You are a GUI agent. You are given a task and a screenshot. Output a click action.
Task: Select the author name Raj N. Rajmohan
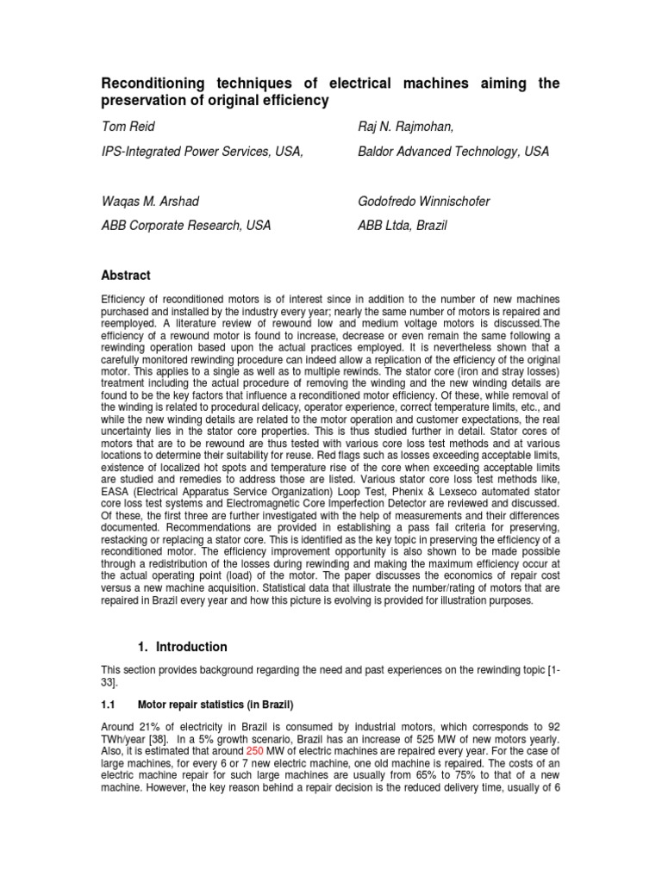click(x=405, y=127)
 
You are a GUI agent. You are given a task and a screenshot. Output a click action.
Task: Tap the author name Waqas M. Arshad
click(x=151, y=202)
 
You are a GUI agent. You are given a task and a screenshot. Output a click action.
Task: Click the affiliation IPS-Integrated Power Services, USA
click(x=203, y=152)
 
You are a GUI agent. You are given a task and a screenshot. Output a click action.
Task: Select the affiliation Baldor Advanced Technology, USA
click(x=453, y=152)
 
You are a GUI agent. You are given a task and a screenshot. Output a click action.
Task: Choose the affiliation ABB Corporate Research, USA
click(x=186, y=226)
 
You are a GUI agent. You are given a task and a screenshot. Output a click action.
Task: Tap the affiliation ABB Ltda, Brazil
click(x=403, y=226)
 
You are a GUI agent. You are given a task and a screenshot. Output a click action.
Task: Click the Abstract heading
click(x=126, y=276)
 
